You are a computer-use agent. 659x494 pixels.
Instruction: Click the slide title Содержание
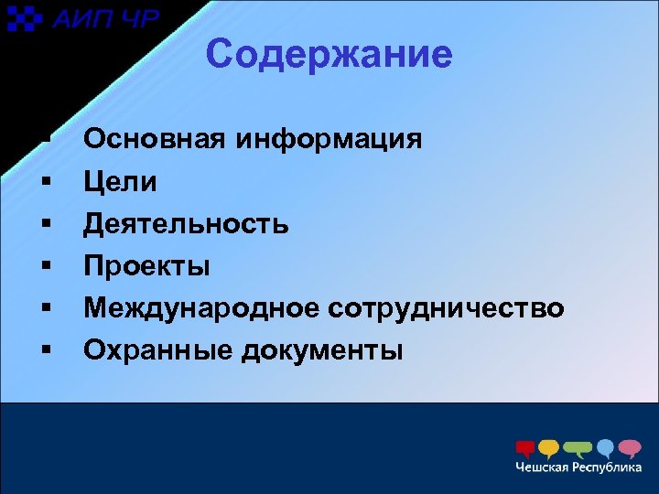coord(329,55)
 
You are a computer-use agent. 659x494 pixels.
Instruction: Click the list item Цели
coord(120,182)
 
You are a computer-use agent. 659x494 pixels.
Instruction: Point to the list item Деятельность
coord(187,224)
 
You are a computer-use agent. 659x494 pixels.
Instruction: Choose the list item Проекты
coord(146,266)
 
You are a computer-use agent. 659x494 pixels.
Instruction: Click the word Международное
coord(200,308)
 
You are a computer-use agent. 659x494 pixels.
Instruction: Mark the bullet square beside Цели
coord(44,182)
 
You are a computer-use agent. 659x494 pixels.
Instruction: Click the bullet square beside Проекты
coord(44,266)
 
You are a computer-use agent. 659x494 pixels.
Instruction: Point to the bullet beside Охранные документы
coord(44,349)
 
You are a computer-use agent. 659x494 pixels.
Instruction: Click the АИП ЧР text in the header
coord(105,18)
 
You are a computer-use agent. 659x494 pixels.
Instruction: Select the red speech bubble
coord(525,448)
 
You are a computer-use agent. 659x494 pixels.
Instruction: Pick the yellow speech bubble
coord(549,448)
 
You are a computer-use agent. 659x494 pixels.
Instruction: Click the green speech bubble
coord(578,448)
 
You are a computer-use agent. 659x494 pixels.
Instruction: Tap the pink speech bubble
coord(630,448)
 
